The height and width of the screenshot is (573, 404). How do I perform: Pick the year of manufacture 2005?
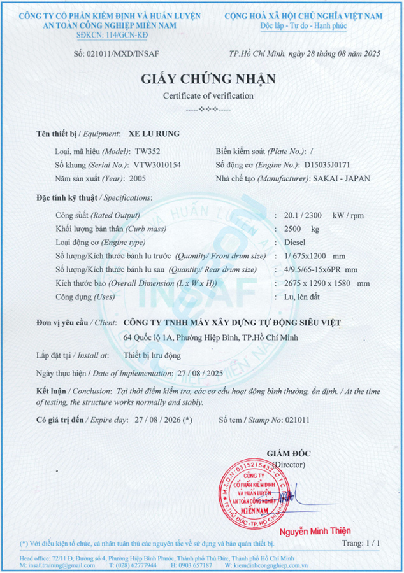pos(138,179)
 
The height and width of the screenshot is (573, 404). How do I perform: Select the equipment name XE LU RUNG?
pos(154,134)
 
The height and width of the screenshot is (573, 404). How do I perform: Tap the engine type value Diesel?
pos(296,242)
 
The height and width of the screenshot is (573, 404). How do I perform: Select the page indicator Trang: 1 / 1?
pos(361,543)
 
